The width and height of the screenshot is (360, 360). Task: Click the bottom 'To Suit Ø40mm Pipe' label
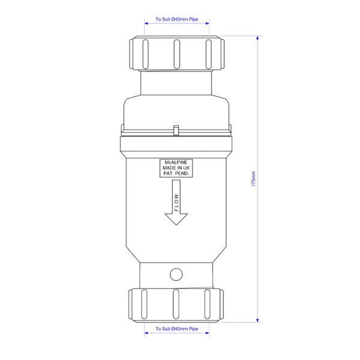coord(176,329)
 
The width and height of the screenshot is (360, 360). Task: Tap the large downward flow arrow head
coord(176,219)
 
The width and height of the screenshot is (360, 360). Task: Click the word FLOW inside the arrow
coord(176,202)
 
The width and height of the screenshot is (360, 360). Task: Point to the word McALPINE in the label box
coord(176,163)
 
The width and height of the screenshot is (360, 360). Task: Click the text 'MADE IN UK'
coord(176,168)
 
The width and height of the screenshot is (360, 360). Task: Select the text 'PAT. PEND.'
coord(176,174)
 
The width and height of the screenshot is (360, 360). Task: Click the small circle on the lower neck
coord(176,274)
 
